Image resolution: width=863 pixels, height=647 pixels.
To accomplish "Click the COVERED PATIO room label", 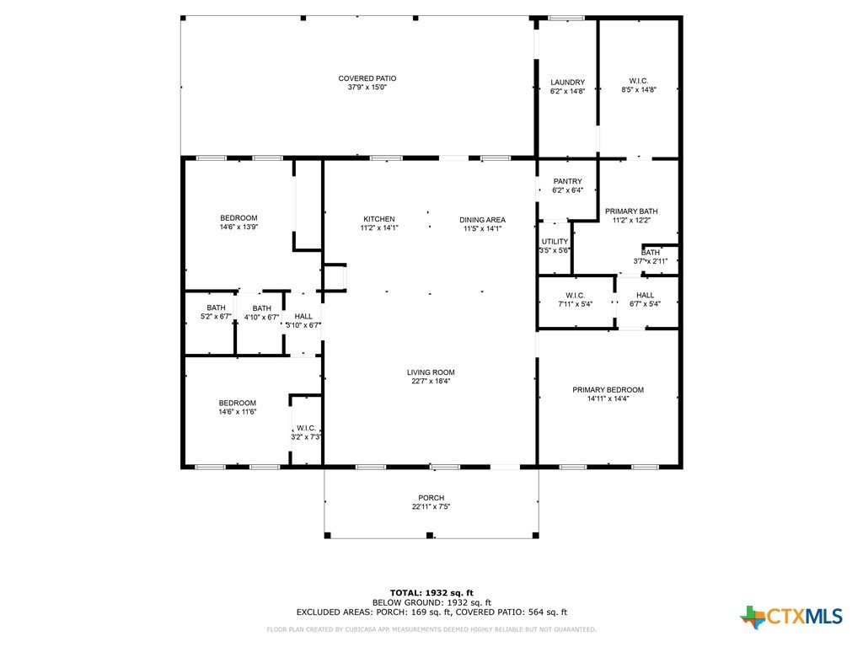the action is (367, 78).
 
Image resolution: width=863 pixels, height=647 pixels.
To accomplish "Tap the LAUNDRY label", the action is (567, 83).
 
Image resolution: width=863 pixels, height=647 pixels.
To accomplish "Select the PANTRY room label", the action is (567, 182).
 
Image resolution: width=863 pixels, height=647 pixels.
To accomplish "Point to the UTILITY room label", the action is (555, 242).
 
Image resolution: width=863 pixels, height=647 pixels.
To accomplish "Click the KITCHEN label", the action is (379, 219).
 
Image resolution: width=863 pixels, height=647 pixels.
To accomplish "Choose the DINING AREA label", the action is (482, 220).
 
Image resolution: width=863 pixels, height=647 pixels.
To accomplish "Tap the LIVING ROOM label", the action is (431, 372).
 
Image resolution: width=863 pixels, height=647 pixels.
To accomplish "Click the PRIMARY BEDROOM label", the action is (608, 390).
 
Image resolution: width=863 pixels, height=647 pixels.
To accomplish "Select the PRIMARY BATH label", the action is (631, 211).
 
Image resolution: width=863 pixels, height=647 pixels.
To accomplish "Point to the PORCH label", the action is (431, 498).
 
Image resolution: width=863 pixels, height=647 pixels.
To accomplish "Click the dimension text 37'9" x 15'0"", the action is (367, 88).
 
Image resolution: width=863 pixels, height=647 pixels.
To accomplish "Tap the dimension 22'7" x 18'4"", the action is (431, 382).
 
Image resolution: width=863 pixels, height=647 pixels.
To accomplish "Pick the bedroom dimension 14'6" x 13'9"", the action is (239, 227).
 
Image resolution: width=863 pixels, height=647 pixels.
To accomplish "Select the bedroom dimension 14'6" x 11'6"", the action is (238, 411).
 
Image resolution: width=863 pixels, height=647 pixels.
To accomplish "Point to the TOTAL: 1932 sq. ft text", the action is (431, 593).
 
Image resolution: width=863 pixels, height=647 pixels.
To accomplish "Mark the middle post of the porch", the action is (430, 535).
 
